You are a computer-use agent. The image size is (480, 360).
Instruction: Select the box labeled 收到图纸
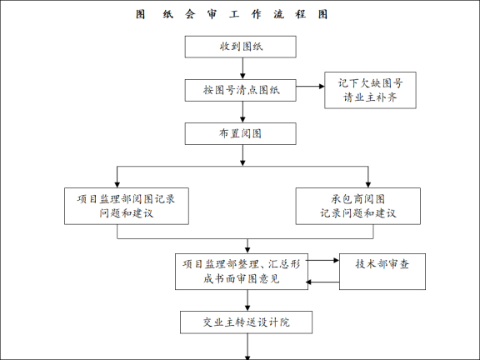[241, 46]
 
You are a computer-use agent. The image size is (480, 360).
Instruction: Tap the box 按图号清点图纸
[241, 89]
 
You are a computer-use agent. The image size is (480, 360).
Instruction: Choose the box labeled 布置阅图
[241, 133]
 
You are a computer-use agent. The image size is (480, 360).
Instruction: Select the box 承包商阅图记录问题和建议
[357, 206]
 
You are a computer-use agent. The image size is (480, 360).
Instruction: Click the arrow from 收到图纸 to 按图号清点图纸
[241, 68]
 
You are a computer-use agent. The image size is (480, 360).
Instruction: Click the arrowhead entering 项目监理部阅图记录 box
[118, 182]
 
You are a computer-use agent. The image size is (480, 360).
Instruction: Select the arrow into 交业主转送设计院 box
[247, 301]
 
